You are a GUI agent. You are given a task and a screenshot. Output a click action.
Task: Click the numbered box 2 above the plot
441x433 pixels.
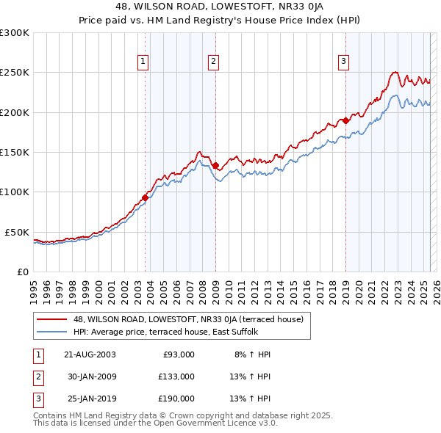(x=212, y=62)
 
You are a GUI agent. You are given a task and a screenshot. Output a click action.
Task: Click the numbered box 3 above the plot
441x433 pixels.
(x=343, y=62)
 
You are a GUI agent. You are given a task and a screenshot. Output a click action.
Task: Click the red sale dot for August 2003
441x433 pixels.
(x=146, y=197)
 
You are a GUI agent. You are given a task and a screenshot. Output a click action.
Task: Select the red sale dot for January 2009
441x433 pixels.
(x=215, y=166)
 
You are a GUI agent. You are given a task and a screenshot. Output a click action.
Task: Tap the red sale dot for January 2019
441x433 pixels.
(x=345, y=120)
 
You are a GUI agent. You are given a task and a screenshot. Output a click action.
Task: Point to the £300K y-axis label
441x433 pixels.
(x=15, y=33)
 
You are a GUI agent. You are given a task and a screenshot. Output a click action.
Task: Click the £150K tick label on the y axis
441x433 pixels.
(x=15, y=153)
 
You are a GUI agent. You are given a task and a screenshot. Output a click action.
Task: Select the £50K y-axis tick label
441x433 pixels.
(x=18, y=232)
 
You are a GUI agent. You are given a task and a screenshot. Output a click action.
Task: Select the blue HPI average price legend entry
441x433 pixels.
(x=176, y=332)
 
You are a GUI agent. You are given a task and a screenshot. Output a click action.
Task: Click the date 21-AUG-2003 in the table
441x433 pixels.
(x=90, y=354)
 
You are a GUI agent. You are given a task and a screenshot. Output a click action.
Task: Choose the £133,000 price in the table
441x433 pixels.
(x=176, y=376)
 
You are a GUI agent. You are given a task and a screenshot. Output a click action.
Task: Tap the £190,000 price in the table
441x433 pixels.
(x=176, y=399)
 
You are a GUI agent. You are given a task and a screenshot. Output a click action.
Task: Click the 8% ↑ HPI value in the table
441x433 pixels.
(x=253, y=354)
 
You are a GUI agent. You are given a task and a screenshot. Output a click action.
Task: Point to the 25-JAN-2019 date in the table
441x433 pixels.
(x=90, y=399)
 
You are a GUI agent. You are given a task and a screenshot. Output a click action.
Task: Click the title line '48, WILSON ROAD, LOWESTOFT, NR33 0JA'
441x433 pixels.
(x=220, y=8)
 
